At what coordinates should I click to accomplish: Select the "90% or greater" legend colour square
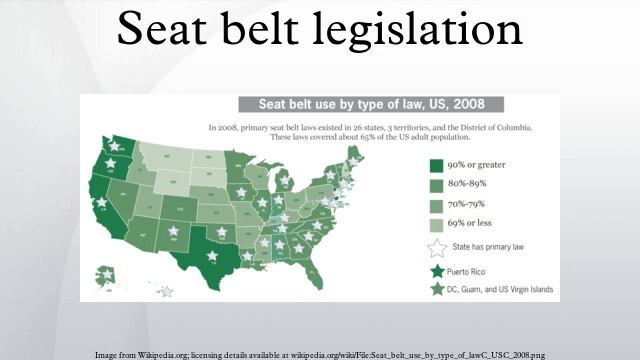point(436,165)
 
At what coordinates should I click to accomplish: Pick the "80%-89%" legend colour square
point(436,184)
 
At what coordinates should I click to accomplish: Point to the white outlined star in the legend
point(436,246)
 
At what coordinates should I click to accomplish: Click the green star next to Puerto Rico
point(436,270)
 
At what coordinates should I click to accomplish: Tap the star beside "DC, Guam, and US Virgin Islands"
point(436,289)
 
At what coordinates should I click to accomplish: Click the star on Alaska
point(108,273)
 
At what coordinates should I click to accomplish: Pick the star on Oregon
point(109,163)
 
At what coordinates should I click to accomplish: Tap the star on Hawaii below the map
point(166,291)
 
